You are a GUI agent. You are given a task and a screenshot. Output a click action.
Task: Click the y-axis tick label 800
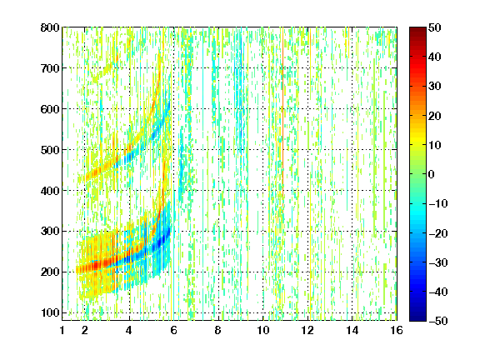[50, 27]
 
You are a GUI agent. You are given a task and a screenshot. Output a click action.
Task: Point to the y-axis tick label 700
[50, 68]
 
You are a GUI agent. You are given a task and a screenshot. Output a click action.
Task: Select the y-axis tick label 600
[50, 109]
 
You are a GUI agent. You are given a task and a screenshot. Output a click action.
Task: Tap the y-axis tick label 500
[50, 150]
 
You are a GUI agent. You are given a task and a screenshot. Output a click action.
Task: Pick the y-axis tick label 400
[50, 191]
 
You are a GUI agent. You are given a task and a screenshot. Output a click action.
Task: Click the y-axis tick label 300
[50, 232]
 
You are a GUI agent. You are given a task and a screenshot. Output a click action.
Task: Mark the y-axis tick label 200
[50, 272]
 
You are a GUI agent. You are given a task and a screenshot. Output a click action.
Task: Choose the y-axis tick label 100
[50, 312]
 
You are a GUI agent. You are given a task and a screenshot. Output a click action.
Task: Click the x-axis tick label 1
[62, 330]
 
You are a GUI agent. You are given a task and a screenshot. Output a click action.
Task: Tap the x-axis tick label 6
[174, 330]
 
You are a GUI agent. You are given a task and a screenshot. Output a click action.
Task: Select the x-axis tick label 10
[263, 330]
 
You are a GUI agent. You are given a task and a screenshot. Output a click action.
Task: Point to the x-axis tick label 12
[307, 330]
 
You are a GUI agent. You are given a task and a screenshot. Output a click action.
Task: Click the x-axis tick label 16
[397, 330]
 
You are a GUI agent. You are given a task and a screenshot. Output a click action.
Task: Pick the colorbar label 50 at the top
[435, 27]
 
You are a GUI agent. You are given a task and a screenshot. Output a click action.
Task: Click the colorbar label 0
[432, 174]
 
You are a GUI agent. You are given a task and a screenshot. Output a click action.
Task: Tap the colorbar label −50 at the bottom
[438, 321]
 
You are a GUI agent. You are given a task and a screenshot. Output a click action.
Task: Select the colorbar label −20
[438, 233]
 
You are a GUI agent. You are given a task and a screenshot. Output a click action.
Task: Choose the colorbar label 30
[435, 87]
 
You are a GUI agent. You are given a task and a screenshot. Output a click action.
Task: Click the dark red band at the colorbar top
[417, 33]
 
